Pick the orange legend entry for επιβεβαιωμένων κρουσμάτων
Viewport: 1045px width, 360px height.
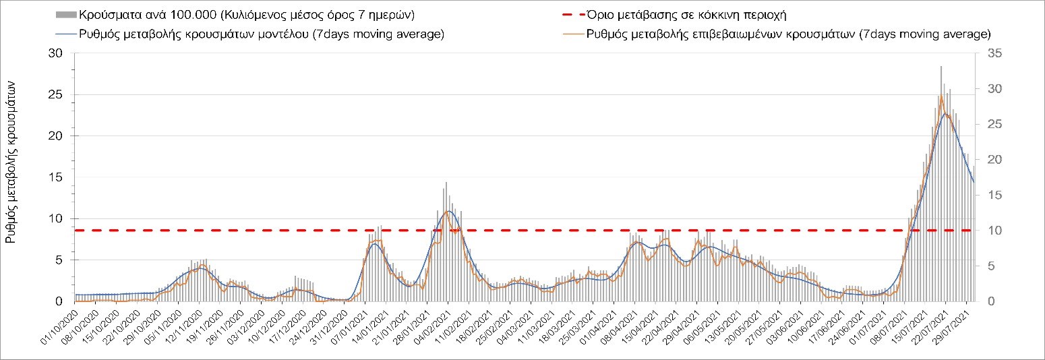click(788, 34)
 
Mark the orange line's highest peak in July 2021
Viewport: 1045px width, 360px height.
click(941, 96)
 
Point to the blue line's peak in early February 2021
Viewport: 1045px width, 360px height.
click(449, 211)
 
